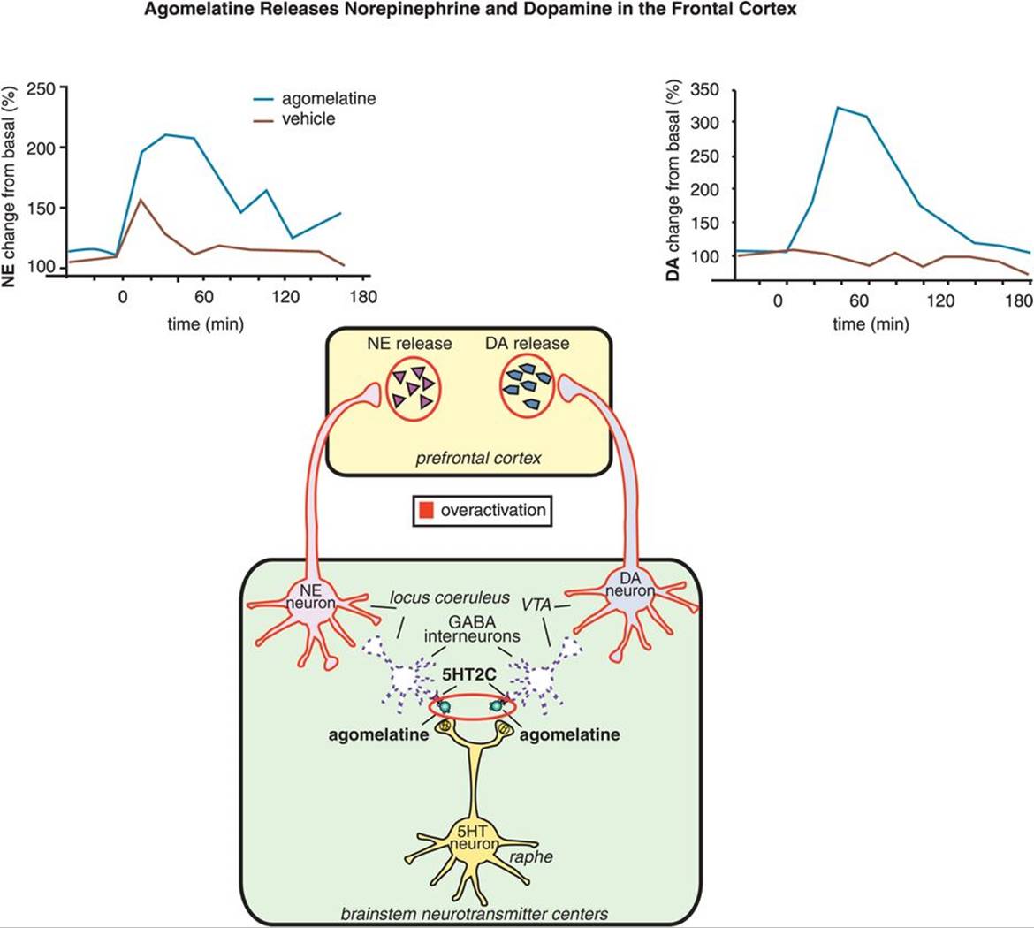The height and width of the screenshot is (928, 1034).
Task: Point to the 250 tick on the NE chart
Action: click(x=41, y=88)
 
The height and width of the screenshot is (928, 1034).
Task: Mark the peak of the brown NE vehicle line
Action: click(x=140, y=199)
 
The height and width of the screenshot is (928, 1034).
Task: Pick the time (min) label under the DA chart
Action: click(x=871, y=323)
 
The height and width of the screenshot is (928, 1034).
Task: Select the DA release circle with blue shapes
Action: click(x=528, y=386)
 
